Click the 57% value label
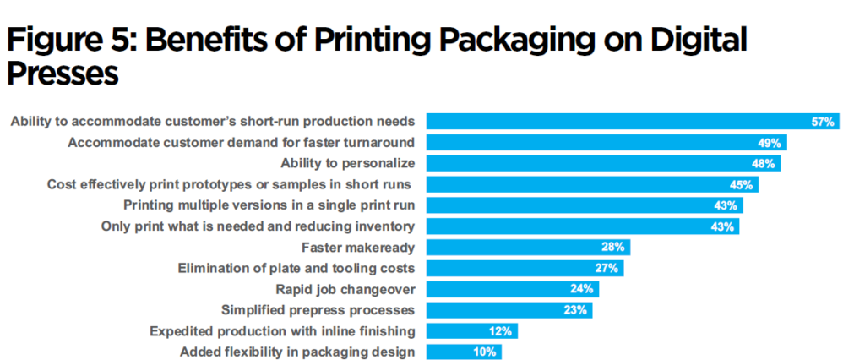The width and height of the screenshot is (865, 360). click(823, 122)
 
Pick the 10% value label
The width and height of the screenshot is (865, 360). click(486, 352)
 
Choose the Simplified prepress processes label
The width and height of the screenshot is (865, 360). click(317, 310)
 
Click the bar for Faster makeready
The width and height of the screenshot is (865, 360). click(528, 248)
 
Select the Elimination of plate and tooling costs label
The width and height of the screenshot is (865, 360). click(296, 269)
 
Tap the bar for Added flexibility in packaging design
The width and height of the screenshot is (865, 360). click(464, 352)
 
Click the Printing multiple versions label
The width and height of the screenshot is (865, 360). click(269, 205)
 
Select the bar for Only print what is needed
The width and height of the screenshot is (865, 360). click(583, 226)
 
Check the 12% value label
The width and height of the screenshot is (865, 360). click(500, 331)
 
